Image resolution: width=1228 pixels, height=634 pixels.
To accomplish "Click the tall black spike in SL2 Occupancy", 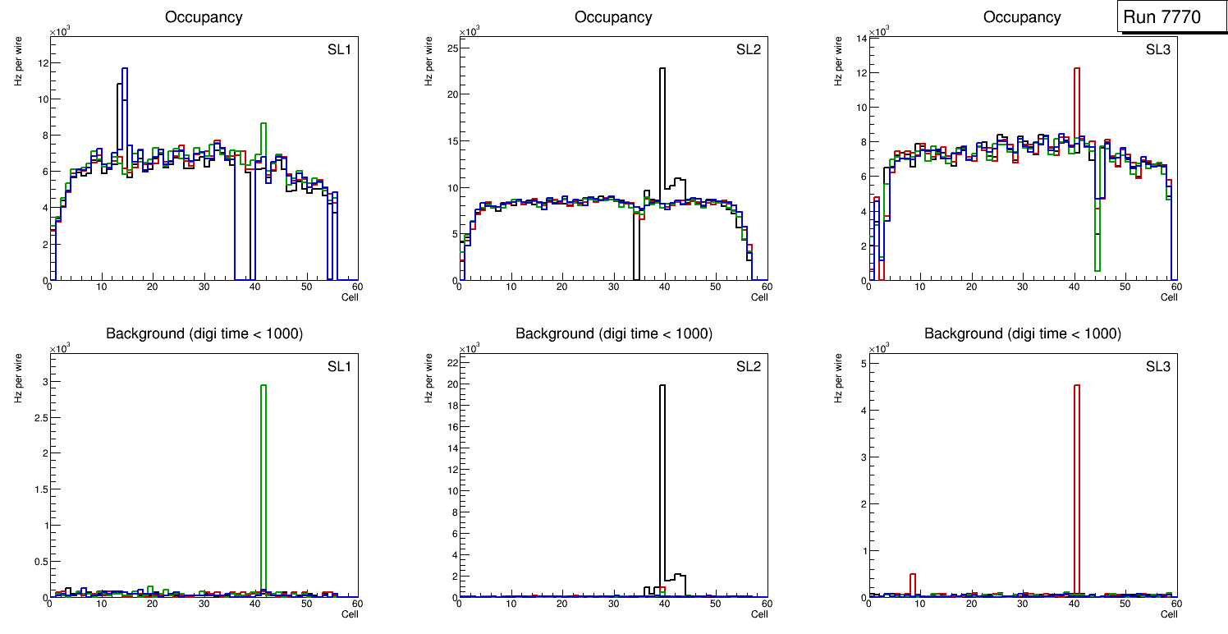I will [662, 131].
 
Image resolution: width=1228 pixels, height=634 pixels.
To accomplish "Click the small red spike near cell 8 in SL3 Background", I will [913, 584].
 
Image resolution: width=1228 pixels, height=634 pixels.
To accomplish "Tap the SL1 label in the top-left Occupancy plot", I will [338, 49].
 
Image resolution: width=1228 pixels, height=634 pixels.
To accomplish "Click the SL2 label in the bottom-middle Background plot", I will [748, 365].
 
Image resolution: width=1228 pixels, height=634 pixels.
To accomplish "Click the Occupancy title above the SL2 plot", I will [613, 17].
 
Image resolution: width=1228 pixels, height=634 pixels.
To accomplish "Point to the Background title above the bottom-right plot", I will [1022, 333].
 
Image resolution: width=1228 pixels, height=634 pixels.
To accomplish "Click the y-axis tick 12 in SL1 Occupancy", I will [40, 62].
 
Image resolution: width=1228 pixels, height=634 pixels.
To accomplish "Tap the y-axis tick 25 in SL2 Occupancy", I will [450, 48].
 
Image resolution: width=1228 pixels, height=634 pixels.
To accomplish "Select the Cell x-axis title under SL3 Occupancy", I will [1169, 297].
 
